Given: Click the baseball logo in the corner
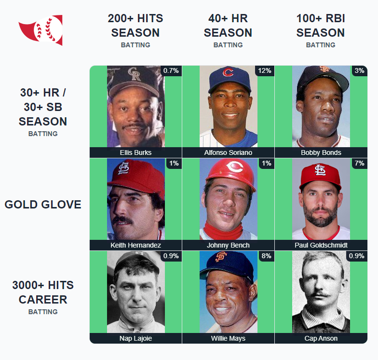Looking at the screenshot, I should (40, 30).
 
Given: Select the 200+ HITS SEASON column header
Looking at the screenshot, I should (135, 26).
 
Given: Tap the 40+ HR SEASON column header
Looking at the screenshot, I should (228, 26).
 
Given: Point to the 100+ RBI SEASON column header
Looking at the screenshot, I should (321, 26).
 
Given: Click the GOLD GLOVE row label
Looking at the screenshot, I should (43, 205).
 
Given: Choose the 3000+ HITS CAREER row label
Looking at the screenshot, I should (43, 292).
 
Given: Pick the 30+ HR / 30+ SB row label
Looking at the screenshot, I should (43, 107).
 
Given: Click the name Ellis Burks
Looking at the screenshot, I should (135, 152).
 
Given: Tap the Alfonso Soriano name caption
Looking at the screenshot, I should (228, 152).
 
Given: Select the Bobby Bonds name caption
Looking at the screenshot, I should (321, 152).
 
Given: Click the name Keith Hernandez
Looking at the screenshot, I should (135, 245).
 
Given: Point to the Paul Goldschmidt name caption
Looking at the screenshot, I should (321, 245).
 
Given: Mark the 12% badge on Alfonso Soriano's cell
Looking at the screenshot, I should (265, 70).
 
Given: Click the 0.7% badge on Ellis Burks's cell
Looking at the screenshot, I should (171, 70).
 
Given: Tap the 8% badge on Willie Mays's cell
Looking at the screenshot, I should (266, 256).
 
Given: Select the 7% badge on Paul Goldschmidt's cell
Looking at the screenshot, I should (359, 164).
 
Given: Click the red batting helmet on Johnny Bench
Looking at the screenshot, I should (230, 171).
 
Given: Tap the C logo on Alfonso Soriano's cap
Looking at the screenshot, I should (228, 73).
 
